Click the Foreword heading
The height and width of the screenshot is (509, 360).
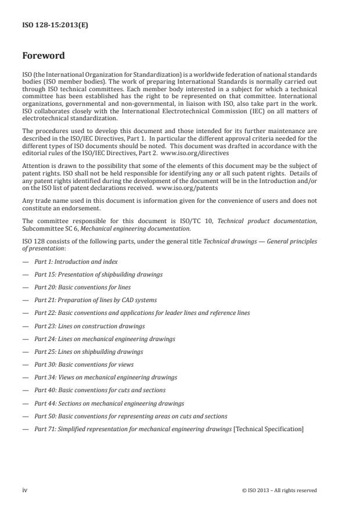pos(44,56)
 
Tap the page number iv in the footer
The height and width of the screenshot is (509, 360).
pos(25,490)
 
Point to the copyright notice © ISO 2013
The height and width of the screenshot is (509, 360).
pos(279,490)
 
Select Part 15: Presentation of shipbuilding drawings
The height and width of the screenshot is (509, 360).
pos(98,275)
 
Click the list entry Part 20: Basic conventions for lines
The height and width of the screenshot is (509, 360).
pos(82,288)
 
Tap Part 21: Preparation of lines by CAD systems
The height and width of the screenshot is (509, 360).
pos(95,300)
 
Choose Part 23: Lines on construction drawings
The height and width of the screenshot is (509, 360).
pos(89,326)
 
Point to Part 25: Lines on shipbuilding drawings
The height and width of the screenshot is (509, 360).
pos(88,352)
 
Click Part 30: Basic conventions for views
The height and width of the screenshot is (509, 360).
pos(84,364)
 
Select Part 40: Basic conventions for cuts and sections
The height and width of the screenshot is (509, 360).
pos(99,390)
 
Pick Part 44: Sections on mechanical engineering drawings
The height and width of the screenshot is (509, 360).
pos(109,403)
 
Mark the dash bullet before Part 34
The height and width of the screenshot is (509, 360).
pos(26,377)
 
